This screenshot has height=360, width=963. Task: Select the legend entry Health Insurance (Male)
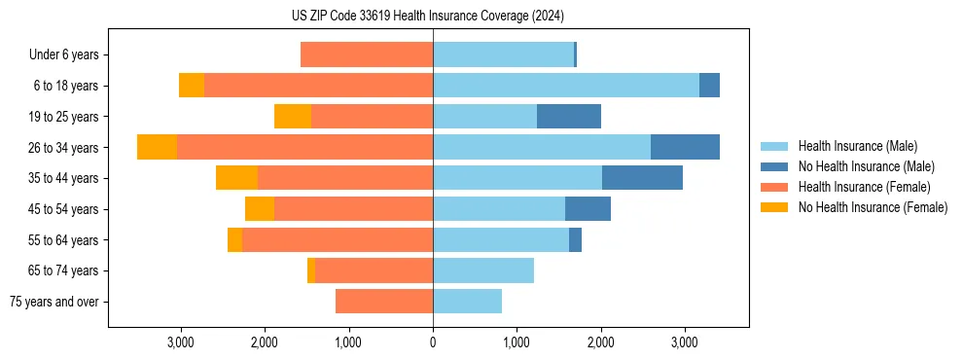pos(857,146)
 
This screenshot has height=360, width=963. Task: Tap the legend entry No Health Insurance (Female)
pos(873,207)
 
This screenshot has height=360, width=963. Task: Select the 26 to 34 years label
pos(63,148)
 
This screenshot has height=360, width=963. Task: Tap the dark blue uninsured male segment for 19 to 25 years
pos(568,117)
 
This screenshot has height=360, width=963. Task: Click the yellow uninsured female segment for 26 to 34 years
pos(157,147)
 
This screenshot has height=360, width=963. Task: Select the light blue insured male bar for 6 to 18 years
pos(565,86)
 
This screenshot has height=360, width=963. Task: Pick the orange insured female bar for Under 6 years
pos(367,54)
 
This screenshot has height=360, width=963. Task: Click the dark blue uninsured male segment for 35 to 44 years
pos(642,178)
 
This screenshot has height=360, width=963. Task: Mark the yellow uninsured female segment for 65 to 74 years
pos(311,270)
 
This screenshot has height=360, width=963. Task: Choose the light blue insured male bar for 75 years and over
pos(467,302)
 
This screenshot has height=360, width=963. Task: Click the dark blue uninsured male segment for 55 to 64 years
pos(575,240)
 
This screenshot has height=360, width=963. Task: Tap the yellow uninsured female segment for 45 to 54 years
pos(260,209)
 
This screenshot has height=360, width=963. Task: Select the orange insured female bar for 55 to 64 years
pos(338,240)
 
